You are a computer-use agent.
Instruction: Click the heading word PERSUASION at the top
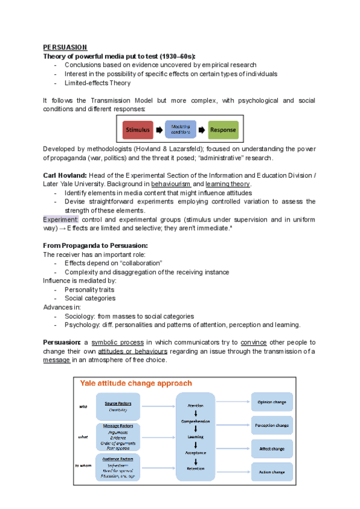(65, 47)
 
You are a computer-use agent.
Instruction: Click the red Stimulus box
(138, 130)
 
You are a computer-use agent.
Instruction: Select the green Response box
(223, 130)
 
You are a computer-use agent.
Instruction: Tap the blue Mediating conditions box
(181, 130)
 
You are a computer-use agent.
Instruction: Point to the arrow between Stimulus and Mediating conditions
(159, 130)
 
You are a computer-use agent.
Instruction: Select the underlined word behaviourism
(171, 184)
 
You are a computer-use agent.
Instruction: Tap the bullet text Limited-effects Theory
(98, 83)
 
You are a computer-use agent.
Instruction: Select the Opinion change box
(272, 402)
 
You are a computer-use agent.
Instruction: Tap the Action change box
(272, 472)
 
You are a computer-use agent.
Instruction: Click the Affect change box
(272, 448)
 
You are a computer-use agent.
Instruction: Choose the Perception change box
(272, 425)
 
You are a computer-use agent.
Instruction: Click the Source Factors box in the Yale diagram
(122, 406)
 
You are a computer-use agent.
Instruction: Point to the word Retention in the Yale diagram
(196, 468)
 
